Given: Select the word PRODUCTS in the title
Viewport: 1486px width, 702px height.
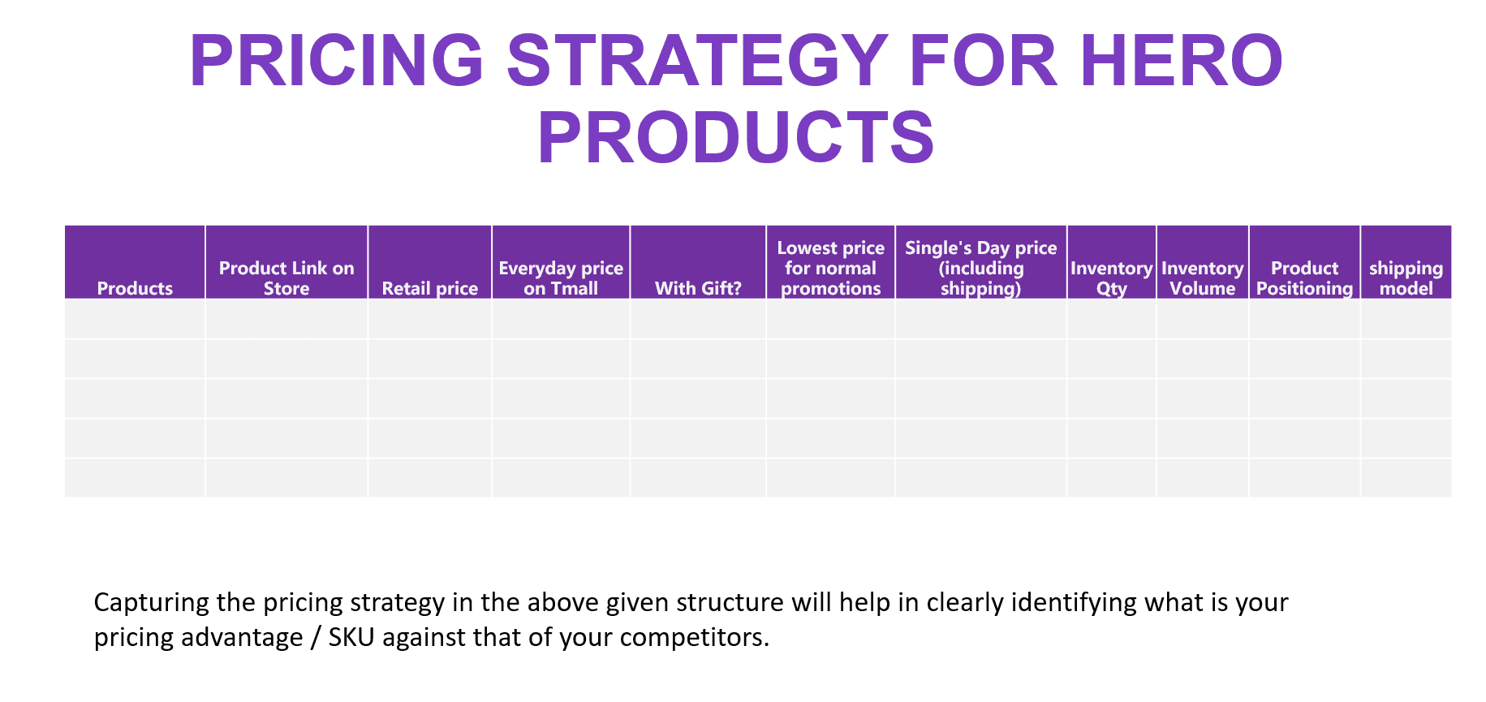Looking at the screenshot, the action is pyautogui.click(x=736, y=137).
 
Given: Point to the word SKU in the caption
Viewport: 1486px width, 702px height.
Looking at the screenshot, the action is pyautogui.click(x=351, y=637).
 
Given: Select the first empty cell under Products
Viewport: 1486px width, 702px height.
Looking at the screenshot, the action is pyautogui.click(x=135, y=319).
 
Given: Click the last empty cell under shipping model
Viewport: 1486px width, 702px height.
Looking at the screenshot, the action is pyautogui.click(x=1406, y=478).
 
